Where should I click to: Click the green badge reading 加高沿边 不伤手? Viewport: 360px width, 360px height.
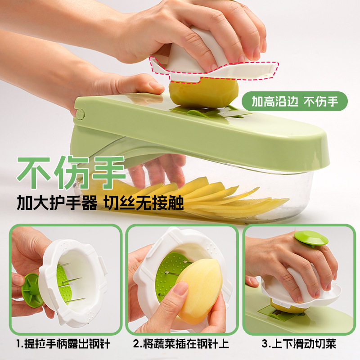point(295,101)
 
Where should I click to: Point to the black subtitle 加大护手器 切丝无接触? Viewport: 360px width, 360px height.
point(100,204)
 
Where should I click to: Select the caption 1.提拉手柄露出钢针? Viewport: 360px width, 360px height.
point(63,345)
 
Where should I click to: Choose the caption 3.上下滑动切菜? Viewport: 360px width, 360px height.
point(299,345)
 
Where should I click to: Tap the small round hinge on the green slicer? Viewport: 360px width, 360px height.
point(80,113)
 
